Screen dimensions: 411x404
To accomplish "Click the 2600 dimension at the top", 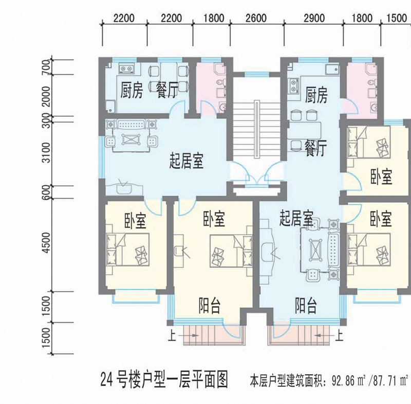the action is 256,18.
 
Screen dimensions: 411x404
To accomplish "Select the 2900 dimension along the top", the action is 314,18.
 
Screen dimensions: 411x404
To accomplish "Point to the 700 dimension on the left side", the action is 46,67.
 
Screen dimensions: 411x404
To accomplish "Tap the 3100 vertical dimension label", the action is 46,152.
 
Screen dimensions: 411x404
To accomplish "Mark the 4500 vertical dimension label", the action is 46,243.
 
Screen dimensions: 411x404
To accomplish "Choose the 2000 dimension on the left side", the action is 46,96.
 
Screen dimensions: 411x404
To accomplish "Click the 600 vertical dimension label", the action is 46,192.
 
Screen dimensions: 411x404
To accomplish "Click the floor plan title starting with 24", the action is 164,379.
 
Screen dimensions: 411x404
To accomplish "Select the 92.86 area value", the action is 343,380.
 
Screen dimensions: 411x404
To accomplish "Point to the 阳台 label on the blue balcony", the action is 306,305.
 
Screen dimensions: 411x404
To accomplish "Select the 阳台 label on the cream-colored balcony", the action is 209,305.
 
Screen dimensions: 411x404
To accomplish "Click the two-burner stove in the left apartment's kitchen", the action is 126,68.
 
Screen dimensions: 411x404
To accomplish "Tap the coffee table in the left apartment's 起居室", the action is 130,139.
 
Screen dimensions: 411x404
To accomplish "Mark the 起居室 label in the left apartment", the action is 186,161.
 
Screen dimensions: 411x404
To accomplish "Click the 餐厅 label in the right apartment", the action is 315,148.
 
